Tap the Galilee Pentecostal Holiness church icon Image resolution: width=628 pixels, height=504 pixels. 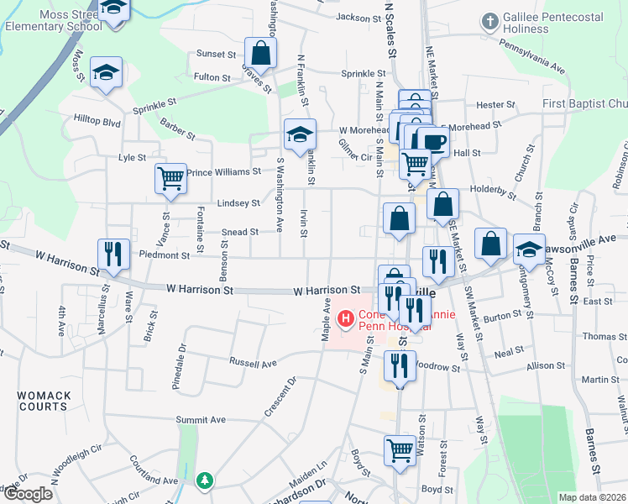click(490, 20)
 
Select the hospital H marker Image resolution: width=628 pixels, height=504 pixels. click(344, 318)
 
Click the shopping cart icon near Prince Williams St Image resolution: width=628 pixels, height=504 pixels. click(170, 177)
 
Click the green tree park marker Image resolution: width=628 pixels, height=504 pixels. click(203, 480)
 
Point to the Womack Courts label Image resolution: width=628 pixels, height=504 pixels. click(42, 400)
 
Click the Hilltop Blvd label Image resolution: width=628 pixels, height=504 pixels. click(97, 121)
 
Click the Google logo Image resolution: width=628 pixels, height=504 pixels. click(28, 494)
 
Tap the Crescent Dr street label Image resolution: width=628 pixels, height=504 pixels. click(280, 394)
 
